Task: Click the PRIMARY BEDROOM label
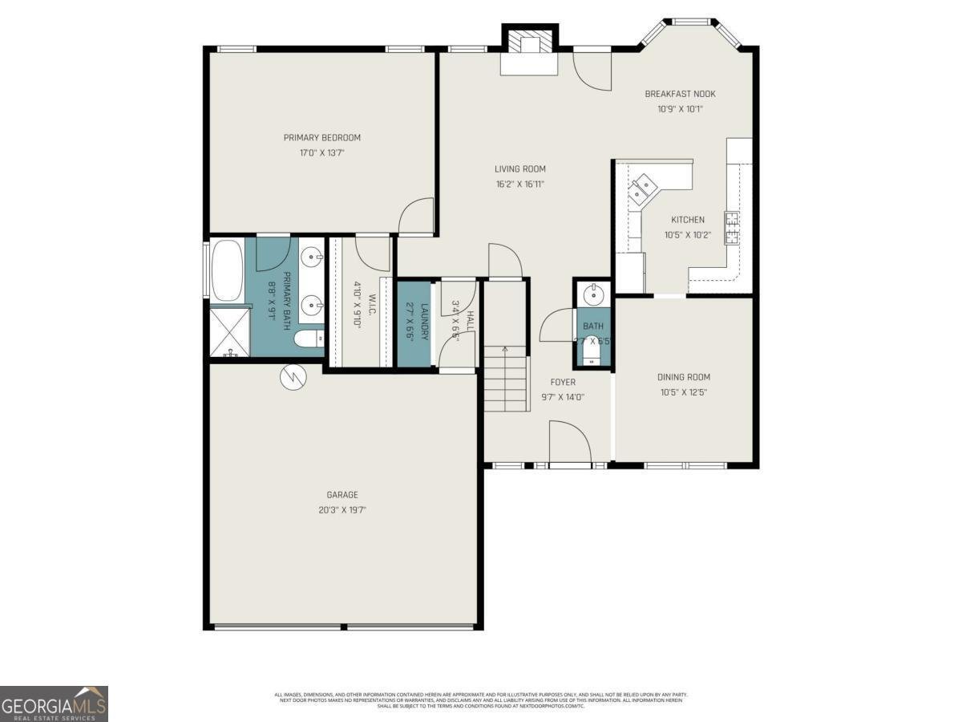(x=321, y=137)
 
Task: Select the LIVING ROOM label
(x=519, y=168)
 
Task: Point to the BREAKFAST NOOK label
(x=680, y=94)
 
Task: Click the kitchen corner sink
(x=641, y=189)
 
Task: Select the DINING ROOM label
(x=684, y=377)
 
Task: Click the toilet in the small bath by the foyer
(x=592, y=351)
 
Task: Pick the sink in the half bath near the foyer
(x=593, y=294)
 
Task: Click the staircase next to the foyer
(x=506, y=377)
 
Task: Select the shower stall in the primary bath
(x=229, y=331)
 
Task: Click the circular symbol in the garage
(x=293, y=377)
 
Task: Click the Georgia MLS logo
(x=54, y=704)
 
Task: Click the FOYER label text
(x=563, y=382)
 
